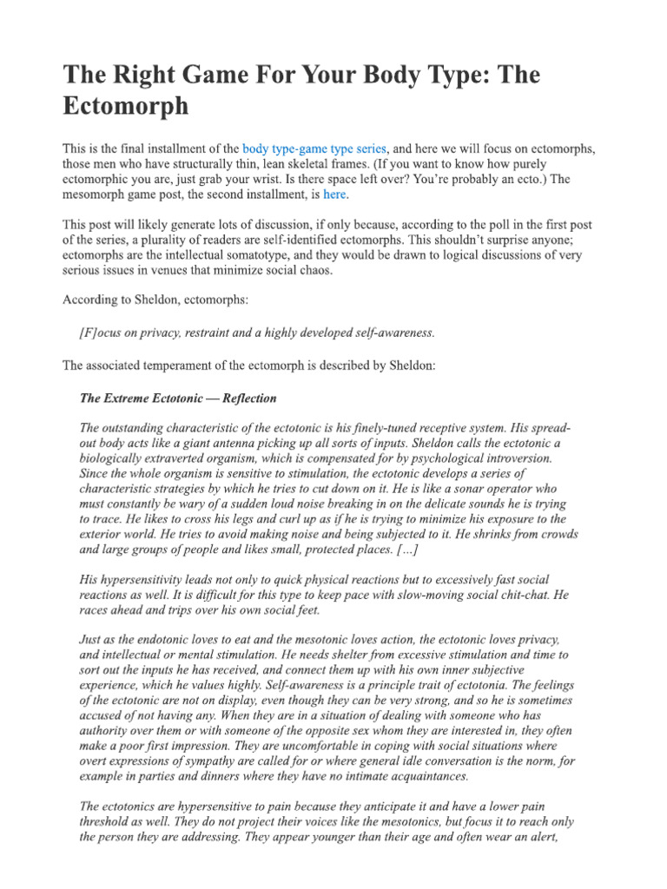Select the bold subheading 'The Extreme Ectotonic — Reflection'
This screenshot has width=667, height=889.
[x=178, y=398]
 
